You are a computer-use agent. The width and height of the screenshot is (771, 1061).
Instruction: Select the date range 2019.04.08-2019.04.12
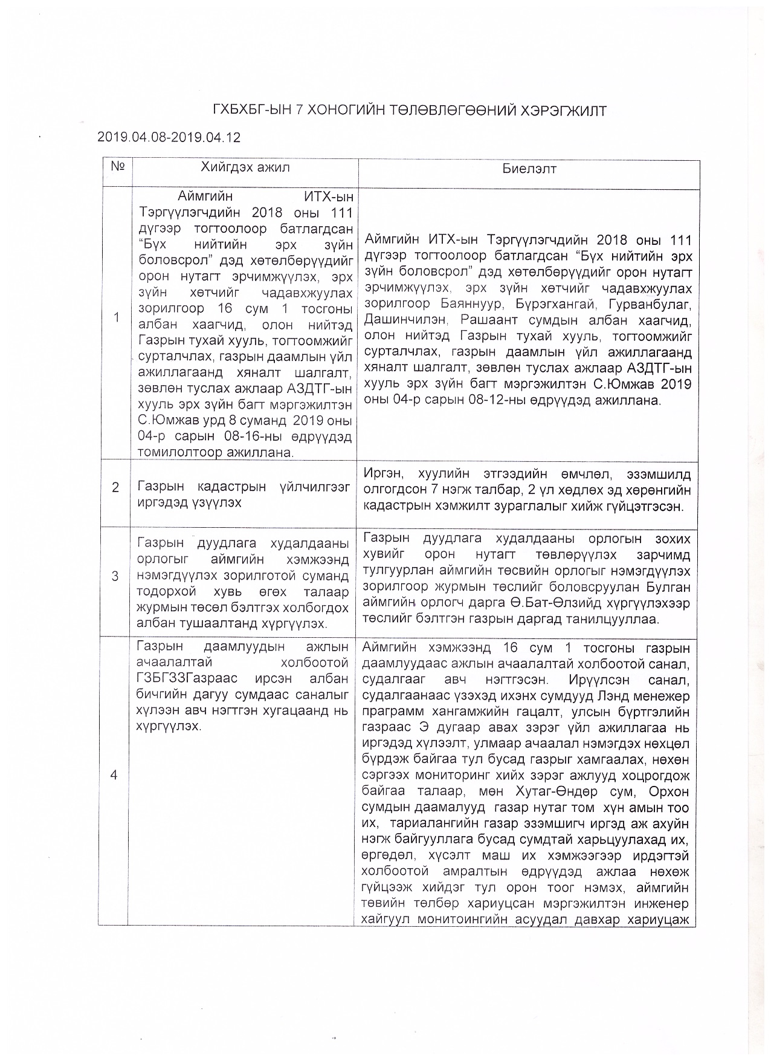coord(169,137)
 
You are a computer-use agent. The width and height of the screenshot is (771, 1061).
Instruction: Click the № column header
coord(117,166)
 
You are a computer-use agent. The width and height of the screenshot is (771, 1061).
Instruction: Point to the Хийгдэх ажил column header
coord(245,167)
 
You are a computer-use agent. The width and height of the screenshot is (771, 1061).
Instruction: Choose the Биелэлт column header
coord(529,169)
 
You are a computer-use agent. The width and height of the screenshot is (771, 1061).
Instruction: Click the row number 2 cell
coord(115,487)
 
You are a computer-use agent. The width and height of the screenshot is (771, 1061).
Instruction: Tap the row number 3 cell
coord(115,576)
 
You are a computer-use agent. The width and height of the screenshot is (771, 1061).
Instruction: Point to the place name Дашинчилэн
coord(402,320)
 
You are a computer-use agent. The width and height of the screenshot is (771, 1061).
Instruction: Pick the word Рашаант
coord(484,320)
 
